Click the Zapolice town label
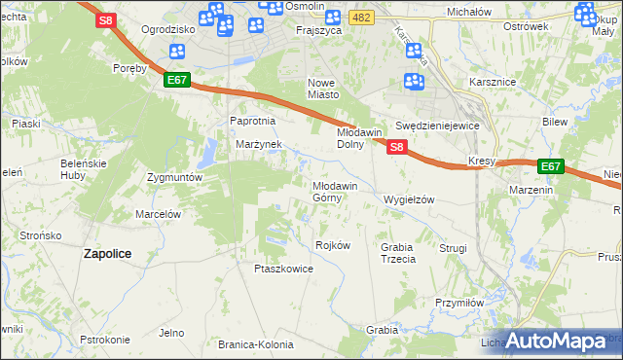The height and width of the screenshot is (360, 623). click(107, 253)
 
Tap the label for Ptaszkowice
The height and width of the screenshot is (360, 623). click(283, 269)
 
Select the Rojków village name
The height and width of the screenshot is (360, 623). click(333, 245)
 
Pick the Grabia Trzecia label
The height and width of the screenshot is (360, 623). click(397, 253)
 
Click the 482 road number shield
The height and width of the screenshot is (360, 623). click(362, 18)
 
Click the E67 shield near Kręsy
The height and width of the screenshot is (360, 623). click(550, 166)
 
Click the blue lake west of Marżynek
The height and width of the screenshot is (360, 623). click(207, 153)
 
